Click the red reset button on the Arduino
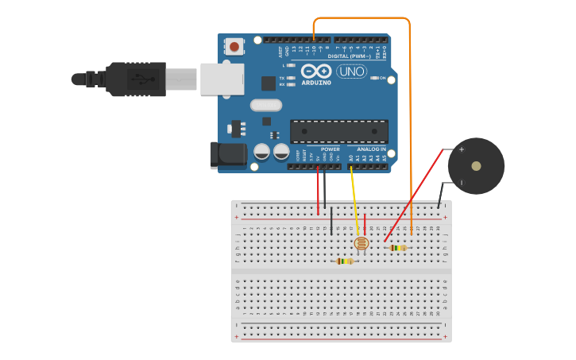(234, 47)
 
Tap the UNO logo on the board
(352, 72)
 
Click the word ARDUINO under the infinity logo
(316, 82)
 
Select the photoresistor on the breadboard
(361, 243)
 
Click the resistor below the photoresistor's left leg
(344, 261)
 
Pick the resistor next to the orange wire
(398, 247)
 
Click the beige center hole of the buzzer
(476, 166)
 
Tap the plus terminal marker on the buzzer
(462, 149)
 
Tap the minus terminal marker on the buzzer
(462, 183)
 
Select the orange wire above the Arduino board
(361, 18)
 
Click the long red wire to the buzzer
(413, 195)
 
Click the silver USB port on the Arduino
(222, 79)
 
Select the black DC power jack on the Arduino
(228, 155)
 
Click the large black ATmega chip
(339, 131)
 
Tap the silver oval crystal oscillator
(266, 105)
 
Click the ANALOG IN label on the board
(371, 149)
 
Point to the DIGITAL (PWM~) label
(350, 56)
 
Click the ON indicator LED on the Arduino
(373, 78)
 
